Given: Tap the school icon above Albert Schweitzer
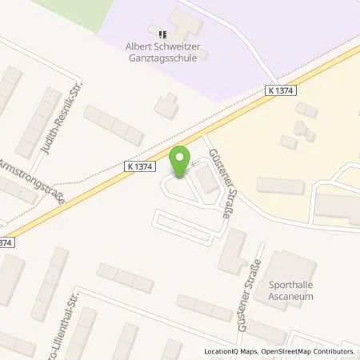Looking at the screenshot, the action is pyautogui.click(x=163, y=34).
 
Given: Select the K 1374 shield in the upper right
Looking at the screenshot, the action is pyautogui.click(x=282, y=91).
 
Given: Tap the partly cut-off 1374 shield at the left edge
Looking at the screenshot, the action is pyautogui.click(x=6, y=240).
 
